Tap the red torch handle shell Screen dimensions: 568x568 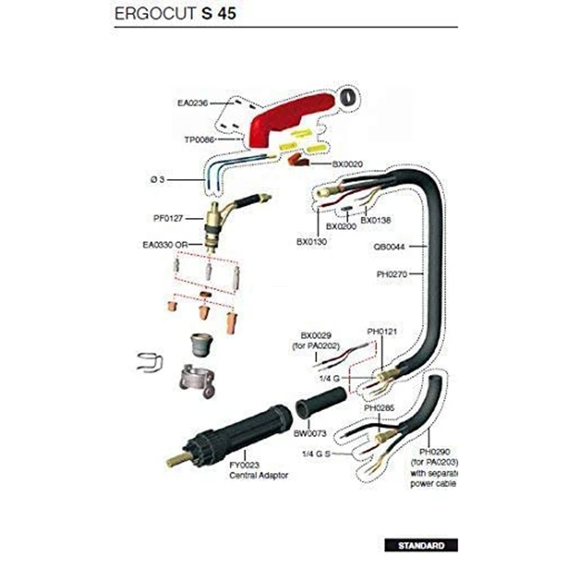click(284, 117)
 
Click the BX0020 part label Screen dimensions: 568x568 click(349, 164)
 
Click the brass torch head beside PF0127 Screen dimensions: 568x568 click(213, 217)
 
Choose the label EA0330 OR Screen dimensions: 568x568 click(165, 245)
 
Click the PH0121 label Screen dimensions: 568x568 click(381, 332)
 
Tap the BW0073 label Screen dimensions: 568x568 click(310, 432)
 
